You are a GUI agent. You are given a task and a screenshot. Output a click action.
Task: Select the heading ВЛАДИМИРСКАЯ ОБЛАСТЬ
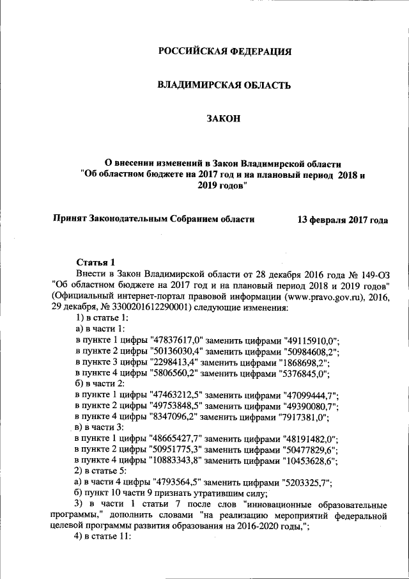[224, 84]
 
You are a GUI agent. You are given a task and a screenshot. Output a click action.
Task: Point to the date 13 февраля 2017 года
[343, 219]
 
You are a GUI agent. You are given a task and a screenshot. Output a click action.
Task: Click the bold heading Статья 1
[95, 262]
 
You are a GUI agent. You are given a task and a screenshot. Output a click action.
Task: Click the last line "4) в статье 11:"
[103, 535]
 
